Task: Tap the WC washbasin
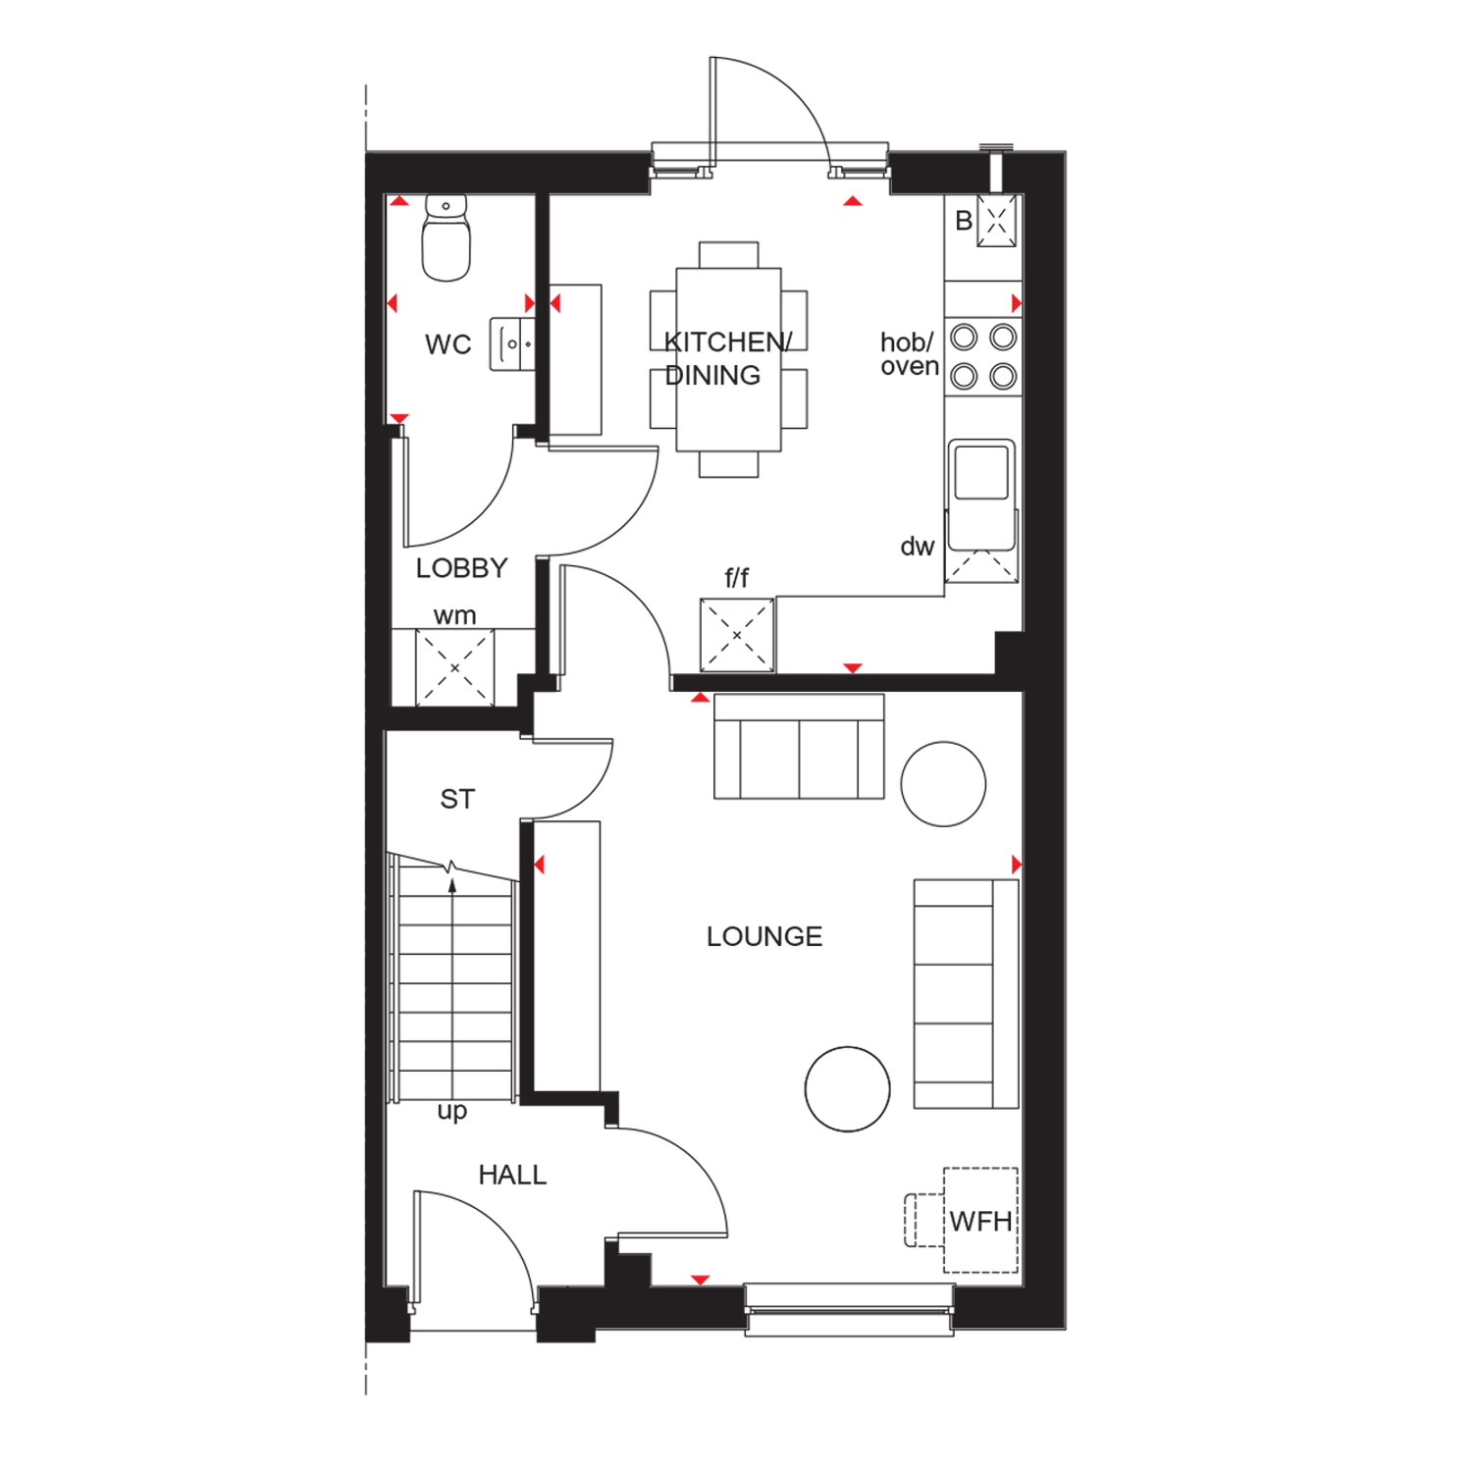512,344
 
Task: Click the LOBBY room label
461,568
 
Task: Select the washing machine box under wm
454,667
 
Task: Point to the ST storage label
457,800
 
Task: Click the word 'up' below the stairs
451,1112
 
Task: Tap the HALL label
512,1175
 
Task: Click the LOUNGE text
764,936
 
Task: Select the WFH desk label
980,1222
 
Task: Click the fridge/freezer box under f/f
737,635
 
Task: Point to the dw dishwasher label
918,547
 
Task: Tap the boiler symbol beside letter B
996,221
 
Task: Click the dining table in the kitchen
728,360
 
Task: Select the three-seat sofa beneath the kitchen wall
799,747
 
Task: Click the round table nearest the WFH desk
848,1089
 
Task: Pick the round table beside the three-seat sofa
943,784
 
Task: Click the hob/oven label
909,354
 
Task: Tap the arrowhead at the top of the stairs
452,885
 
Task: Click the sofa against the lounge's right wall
967,994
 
